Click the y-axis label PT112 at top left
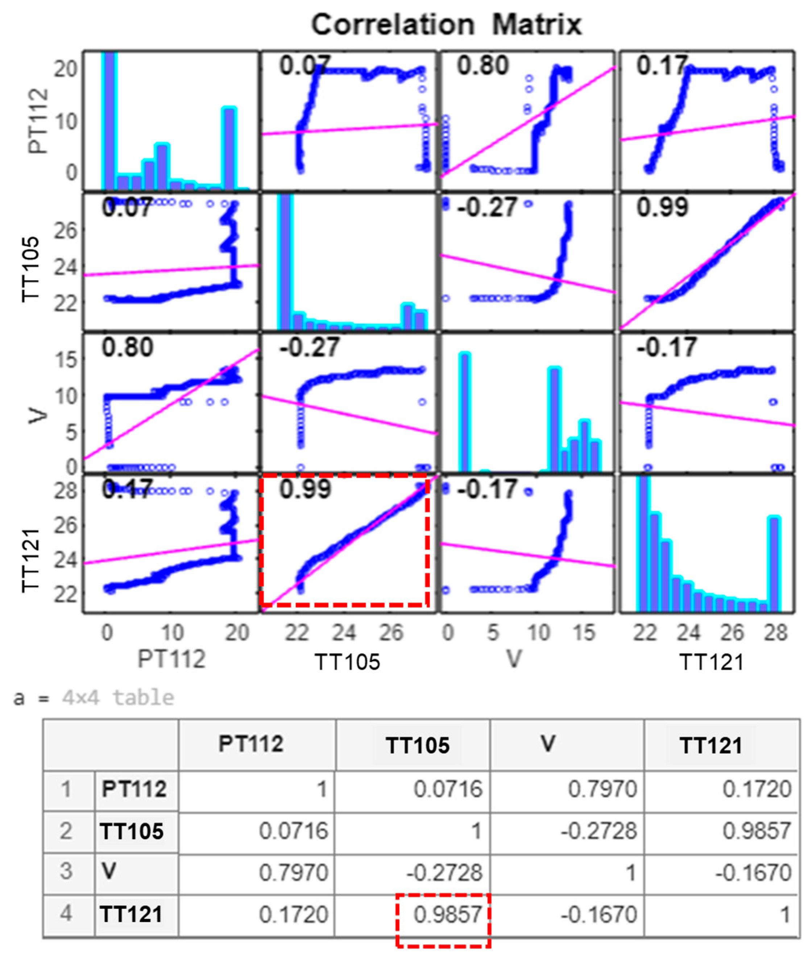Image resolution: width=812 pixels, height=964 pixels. pos(39,121)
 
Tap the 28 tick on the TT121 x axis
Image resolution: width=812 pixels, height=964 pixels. pos(776,633)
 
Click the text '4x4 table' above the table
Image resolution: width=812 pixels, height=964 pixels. pos(118,698)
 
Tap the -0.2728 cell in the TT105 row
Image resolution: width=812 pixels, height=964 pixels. pos(598,831)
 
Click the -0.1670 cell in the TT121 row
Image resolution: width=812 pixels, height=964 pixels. pos(598,914)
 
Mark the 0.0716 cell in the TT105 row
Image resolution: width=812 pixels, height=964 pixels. pos(293,831)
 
